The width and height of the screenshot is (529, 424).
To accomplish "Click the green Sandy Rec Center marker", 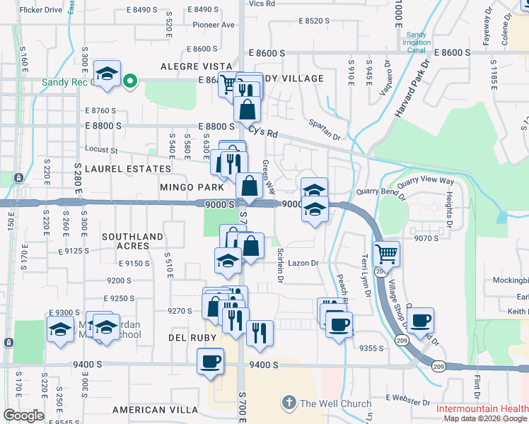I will click(x=129, y=82).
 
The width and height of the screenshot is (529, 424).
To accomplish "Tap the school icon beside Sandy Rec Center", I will click(x=107, y=74).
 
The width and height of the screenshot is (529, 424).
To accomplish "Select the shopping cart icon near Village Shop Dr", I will click(x=386, y=254).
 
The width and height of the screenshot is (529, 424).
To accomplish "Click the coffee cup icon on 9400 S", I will click(x=210, y=361).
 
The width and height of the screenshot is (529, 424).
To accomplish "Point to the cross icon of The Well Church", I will click(x=289, y=404).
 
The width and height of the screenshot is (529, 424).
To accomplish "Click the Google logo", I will click(x=23, y=416).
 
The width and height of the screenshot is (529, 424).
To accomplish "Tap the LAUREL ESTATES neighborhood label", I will click(x=128, y=170).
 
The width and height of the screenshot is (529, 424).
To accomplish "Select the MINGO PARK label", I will click(x=192, y=188).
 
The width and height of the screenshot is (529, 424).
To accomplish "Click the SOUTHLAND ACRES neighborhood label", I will click(x=132, y=241).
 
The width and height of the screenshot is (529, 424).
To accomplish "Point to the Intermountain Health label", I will click(x=481, y=409).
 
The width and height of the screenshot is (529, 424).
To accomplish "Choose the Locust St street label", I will click(x=100, y=150).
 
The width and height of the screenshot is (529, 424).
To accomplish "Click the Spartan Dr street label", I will click(x=324, y=127).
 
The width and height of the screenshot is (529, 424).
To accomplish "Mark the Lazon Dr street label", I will click(x=303, y=263).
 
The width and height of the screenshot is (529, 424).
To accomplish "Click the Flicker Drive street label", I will click(x=41, y=10).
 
